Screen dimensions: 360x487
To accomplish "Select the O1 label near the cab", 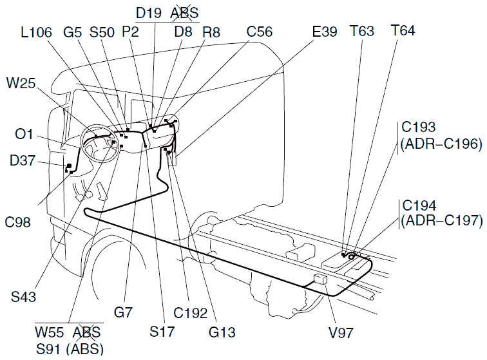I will pyautogui.click(x=24, y=134).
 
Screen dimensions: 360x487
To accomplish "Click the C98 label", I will pyautogui.click(x=19, y=223).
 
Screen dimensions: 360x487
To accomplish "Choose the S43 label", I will pyautogui.click(x=23, y=297).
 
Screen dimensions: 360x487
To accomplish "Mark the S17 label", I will pyautogui.click(x=160, y=332).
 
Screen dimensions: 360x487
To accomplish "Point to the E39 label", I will pyautogui.click(x=323, y=32).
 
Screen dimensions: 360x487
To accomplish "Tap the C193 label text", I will pyautogui.click(x=419, y=127).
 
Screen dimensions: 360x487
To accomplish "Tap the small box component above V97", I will pyautogui.click(x=320, y=279).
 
